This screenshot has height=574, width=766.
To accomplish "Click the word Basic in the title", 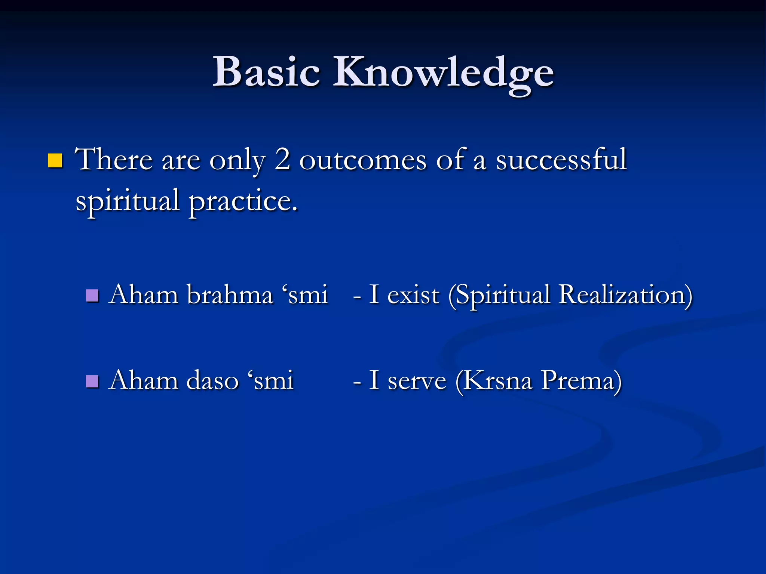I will tap(266, 72).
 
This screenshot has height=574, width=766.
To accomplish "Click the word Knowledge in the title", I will tap(443, 73).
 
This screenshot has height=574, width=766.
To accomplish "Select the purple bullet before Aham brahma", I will tap(92, 296).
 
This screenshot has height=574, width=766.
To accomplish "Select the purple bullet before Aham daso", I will tap(92, 382).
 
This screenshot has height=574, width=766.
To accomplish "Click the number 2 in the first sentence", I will tap(283, 159).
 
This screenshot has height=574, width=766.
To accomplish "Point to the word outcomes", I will tap(362, 161).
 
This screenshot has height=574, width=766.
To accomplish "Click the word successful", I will tap(561, 160).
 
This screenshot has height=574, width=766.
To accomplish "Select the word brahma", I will tap(230, 295).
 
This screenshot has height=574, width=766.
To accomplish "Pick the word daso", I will tap(212, 380).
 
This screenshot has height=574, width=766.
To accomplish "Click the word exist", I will tap(413, 295).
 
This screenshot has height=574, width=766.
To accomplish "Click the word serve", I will tap(417, 381).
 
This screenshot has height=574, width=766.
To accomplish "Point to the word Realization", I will tap(625, 295).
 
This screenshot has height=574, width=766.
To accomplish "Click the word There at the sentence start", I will tap(114, 160).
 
